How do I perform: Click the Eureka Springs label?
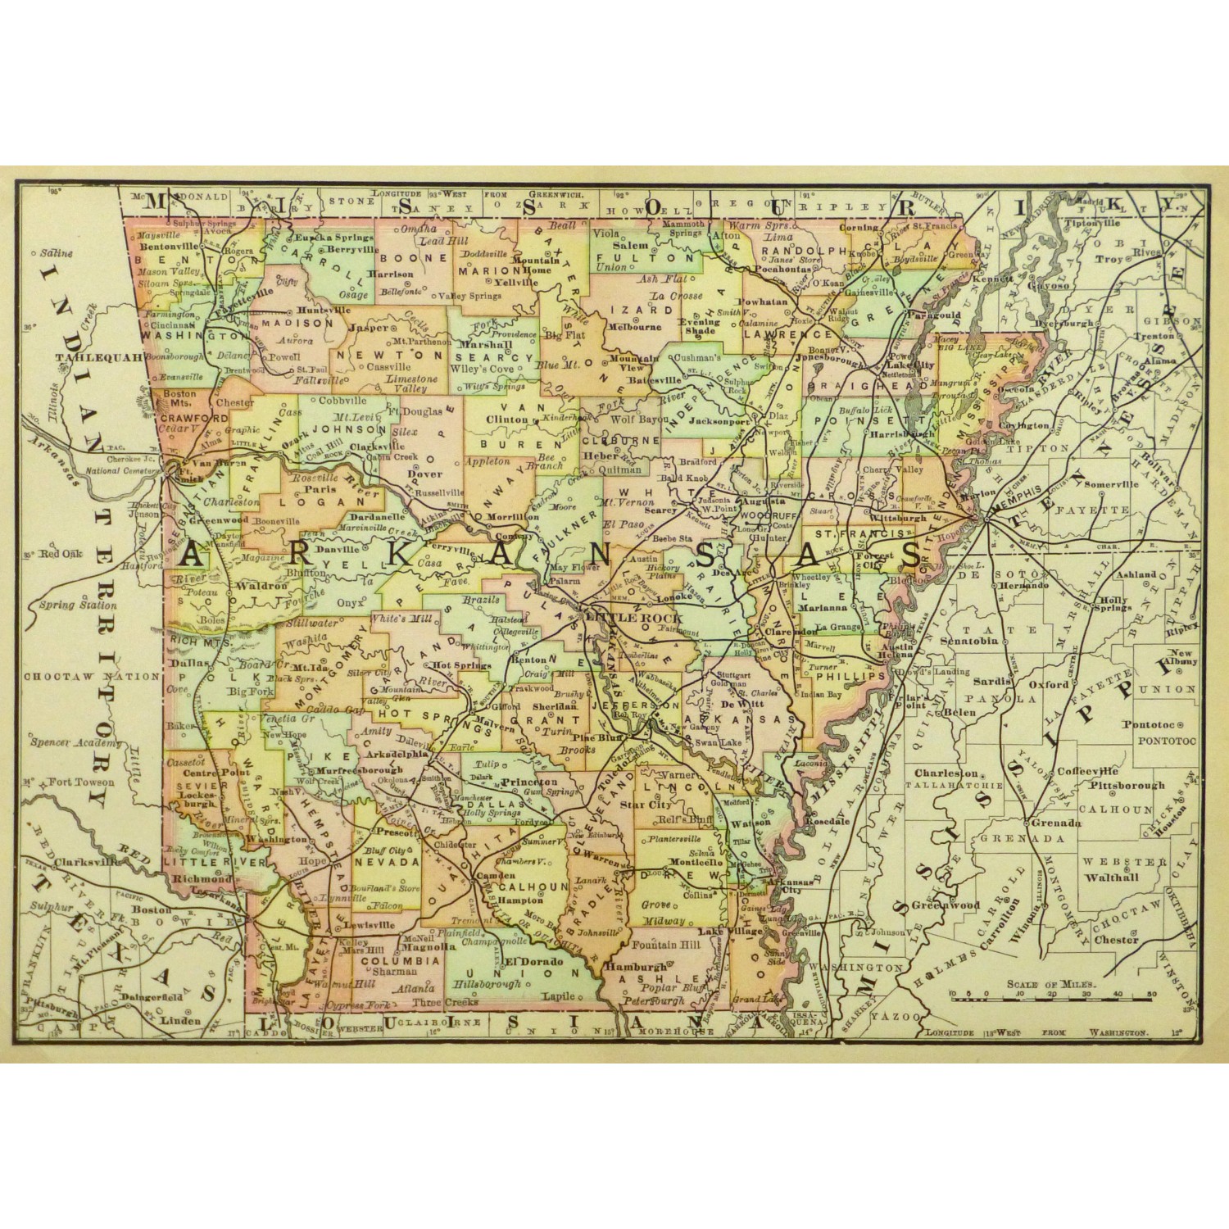[x=333, y=237]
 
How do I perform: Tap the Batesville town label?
[x=653, y=380]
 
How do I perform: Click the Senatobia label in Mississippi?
[x=973, y=641]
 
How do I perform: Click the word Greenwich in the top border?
[x=556, y=195]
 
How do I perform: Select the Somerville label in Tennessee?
[x=1112, y=484]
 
